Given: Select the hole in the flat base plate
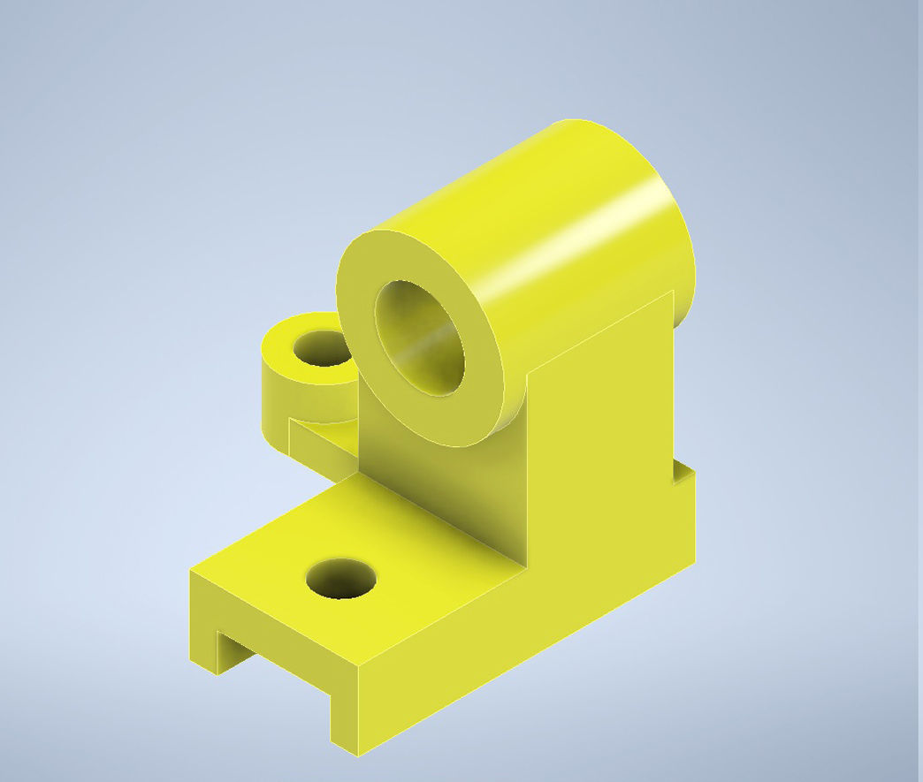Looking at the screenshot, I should pos(340,580).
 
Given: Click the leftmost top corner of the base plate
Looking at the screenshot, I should pos(190,572).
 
